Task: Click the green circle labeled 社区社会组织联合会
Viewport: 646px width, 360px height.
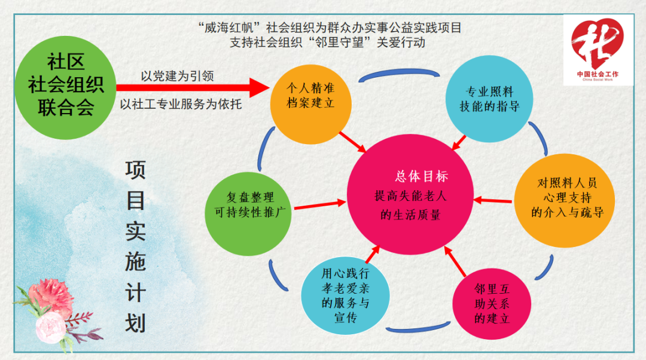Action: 66,87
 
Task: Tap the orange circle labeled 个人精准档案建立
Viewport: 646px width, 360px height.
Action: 310,104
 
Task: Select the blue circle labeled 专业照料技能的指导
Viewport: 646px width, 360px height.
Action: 489,99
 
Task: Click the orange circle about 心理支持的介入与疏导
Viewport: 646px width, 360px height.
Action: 565,200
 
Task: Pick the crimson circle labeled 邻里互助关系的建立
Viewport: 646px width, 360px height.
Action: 492,304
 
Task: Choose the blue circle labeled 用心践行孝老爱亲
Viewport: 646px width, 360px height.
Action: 345,296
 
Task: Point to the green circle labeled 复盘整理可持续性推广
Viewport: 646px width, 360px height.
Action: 248,213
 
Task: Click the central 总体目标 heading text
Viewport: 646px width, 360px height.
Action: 422,176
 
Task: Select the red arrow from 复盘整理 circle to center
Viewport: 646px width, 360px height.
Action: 320,205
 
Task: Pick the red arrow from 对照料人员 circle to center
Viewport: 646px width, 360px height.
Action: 493,200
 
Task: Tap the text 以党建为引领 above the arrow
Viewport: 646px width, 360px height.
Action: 177,76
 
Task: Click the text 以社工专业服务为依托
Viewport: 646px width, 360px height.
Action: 181,104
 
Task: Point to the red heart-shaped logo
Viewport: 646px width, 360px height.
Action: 597,42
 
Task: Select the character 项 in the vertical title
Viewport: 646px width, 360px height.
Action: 135,170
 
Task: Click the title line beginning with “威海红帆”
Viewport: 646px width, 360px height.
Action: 330,28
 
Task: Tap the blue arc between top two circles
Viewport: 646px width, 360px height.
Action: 399,72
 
